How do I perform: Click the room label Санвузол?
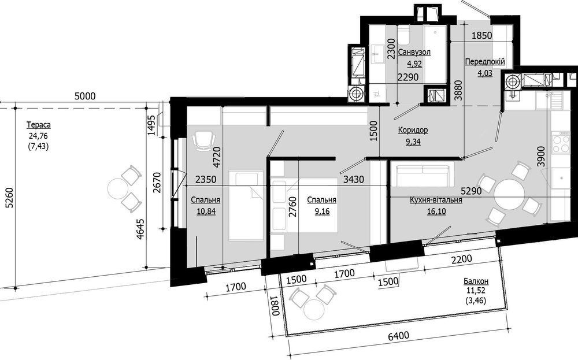coord(414,53)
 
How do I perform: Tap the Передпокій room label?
coord(484,61)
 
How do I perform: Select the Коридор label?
coord(413,130)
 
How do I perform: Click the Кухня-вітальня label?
coord(435,200)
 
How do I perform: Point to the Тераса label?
coord(38,125)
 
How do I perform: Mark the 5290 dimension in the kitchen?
coord(472,189)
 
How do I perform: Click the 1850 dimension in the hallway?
coord(483,35)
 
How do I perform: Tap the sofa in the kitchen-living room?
coord(423,174)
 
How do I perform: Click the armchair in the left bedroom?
coord(202,140)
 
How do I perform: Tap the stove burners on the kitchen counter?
coord(561,143)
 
